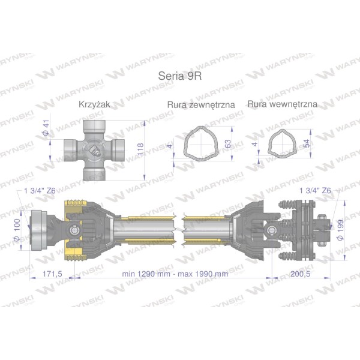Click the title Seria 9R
point(180,76)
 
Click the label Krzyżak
point(94,104)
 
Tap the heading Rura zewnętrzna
point(201,104)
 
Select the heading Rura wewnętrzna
point(283,104)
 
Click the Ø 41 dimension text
point(47,128)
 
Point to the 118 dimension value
point(140,149)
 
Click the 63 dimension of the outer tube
point(228,144)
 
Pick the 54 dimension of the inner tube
point(306,143)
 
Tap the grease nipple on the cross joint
point(95,151)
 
